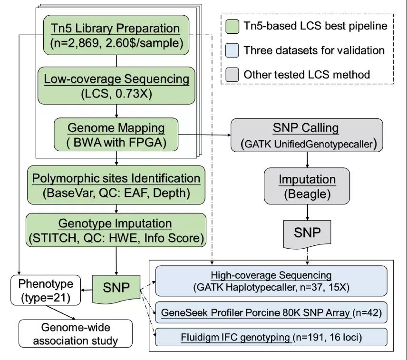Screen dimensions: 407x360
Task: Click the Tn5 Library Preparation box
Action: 116,35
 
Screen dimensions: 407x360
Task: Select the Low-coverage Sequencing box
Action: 116,86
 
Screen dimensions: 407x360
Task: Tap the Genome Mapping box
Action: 116,135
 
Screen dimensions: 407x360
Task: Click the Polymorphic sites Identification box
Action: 116,185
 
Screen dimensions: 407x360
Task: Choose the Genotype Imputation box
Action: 116,230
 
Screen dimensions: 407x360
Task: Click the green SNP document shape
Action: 116,289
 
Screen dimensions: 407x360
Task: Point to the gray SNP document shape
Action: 307,234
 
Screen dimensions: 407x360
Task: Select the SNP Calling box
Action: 307,135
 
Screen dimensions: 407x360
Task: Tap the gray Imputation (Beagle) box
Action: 307,186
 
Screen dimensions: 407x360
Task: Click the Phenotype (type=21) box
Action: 46,290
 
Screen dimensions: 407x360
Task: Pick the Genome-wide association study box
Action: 76,333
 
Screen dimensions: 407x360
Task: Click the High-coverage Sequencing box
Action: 271,281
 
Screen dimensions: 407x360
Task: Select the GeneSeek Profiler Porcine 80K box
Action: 271,312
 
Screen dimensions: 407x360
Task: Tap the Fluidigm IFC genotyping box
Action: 271,337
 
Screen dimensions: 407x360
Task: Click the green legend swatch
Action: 232,26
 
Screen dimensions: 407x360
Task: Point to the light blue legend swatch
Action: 232,50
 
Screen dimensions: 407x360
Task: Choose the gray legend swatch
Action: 232,75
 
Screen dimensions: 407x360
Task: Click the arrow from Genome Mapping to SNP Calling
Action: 204,135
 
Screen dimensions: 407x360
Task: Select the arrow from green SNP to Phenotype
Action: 87,290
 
